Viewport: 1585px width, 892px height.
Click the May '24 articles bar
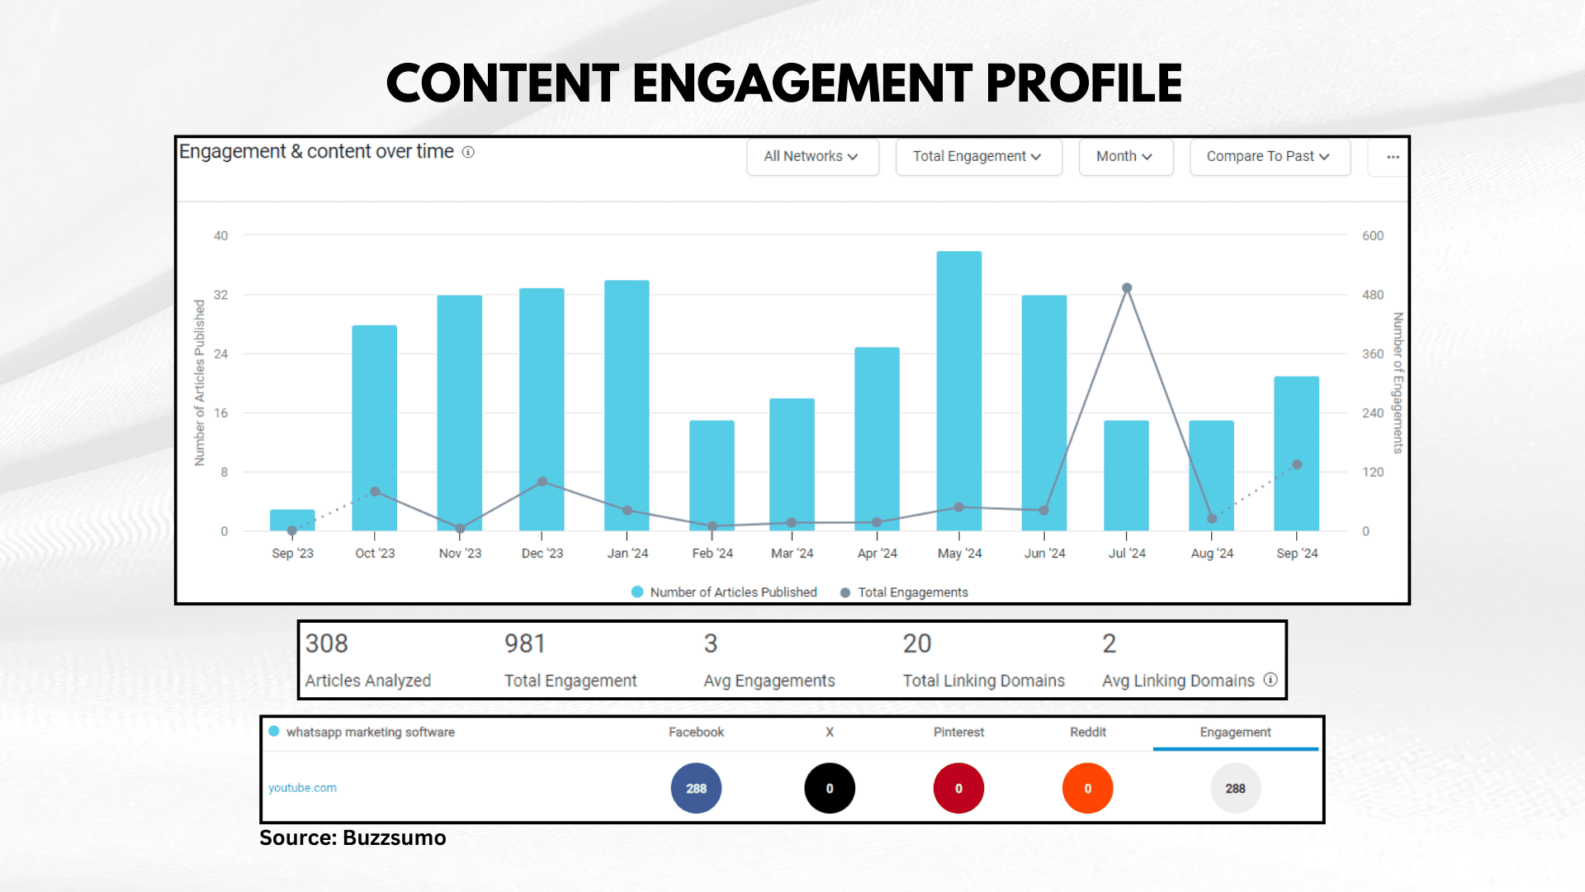pos(958,388)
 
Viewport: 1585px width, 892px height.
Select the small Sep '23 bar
pos(292,520)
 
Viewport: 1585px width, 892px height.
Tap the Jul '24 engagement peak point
pos(1127,288)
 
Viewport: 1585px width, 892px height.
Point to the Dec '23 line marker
pos(542,482)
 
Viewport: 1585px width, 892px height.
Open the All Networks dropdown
pos(812,156)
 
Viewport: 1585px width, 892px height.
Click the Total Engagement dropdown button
pos(978,156)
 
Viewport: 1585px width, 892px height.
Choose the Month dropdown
pos(1125,156)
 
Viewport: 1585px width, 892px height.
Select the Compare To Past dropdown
pos(1269,156)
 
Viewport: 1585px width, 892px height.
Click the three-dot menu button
pos(1393,157)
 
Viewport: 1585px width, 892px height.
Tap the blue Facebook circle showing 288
pos(696,788)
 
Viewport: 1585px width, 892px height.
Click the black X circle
pos(830,788)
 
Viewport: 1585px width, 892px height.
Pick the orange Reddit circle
pos(1087,788)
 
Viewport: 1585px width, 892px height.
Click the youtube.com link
pos(302,788)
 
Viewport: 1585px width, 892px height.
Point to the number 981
pos(525,643)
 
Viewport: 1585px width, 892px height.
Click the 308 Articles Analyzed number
pos(327,643)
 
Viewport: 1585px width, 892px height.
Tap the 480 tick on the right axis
pos(1373,295)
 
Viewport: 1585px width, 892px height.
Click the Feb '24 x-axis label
pos(712,553)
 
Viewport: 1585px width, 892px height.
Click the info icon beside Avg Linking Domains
pos(1270,680)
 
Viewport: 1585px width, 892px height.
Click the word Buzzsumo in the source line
pos(394,837)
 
